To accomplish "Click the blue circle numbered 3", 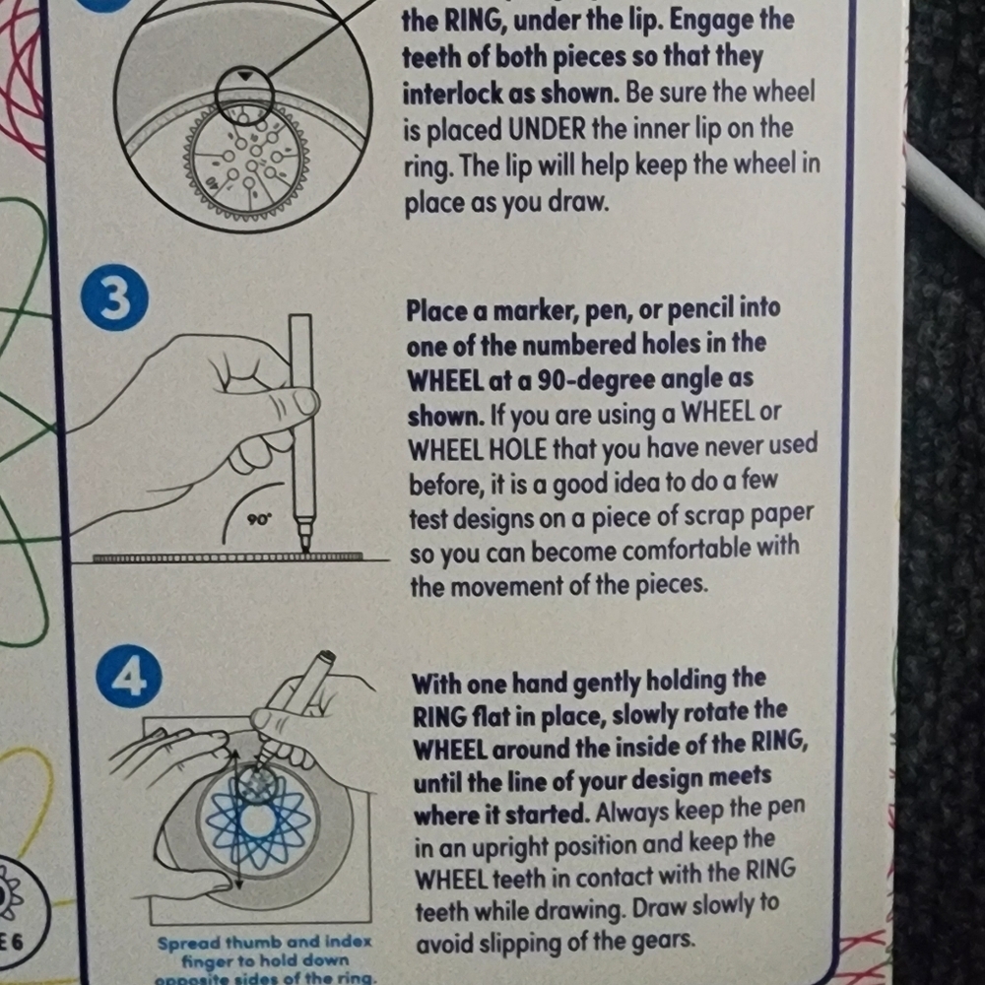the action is [114, 297].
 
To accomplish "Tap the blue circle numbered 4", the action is [129, 678].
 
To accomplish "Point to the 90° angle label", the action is [259, 520].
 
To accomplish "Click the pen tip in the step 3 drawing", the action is [304, 548].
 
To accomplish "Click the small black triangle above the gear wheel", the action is [245, 77].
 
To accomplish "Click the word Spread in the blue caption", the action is [189, 943].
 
